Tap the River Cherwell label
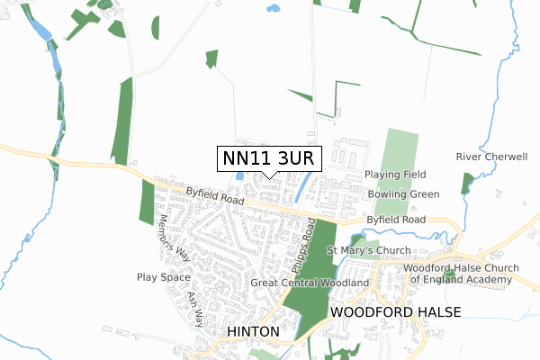point(491,157)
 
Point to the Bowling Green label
point(403,194)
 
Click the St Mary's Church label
point(368,250)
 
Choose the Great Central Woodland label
point(310,283)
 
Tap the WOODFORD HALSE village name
point(395,311)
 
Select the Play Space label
point(163,277)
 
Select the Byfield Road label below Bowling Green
point(396,220)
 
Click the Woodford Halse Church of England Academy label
point(458,274)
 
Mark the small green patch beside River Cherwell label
point(466,183)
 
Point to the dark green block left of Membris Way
point(148,202)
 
